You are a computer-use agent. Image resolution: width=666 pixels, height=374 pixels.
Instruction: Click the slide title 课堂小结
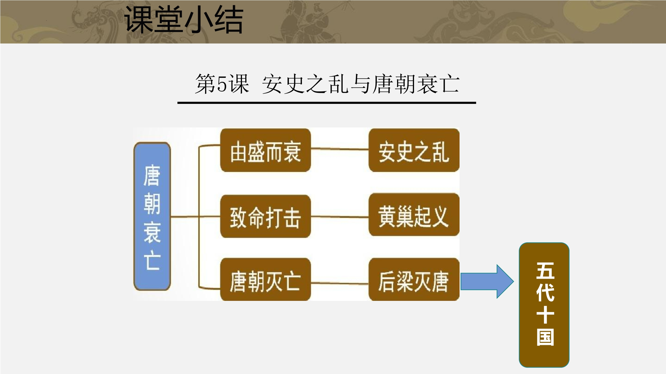[184, 20]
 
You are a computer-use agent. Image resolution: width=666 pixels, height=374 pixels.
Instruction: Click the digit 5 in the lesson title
[222, 84]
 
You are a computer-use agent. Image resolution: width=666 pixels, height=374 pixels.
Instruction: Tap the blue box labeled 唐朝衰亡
[152, 216]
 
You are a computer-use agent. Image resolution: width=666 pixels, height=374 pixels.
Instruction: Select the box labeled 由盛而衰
[265, 150]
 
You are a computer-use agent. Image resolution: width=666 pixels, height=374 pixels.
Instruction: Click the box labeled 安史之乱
[414, 150]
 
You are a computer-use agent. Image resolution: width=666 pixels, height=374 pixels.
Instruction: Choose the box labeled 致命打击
[265, 216]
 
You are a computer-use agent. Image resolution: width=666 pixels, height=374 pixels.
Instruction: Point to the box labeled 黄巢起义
[414, 215]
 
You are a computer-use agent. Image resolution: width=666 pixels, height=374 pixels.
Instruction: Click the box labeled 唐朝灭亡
[265, 279]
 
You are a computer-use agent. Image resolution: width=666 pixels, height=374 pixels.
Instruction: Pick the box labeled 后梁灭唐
[414, 279]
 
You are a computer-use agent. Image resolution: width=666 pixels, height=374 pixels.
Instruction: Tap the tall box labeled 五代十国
[544, 305]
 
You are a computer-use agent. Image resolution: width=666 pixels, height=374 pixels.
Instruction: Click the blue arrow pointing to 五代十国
[487, 281]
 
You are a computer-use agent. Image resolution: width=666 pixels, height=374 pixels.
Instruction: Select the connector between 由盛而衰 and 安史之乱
[340, 149]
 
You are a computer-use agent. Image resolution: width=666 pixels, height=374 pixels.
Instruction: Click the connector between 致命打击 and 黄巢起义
[340, 217]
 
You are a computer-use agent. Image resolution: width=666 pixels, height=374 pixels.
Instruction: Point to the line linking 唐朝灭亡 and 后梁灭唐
[340, 283]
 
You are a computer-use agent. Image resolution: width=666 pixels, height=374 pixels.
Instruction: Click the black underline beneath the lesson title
[327, 103]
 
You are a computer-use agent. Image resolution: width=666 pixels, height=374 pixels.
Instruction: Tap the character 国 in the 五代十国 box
[545, 337]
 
